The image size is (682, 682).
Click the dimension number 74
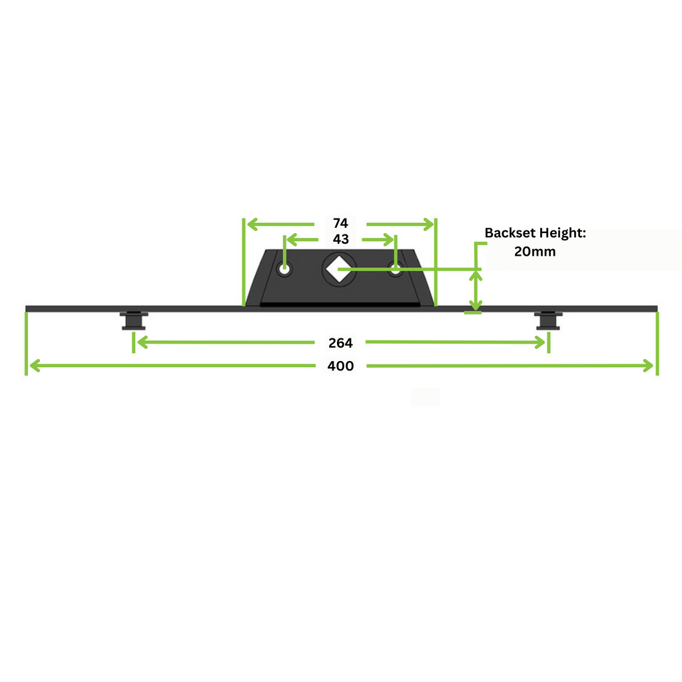[340, 223]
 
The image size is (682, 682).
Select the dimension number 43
[340, 239]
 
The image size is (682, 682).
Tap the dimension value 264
[340, 343]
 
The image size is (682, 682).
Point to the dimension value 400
[340, 366]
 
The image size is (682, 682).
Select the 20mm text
[535, 251]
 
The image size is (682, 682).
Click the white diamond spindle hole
[339, 269]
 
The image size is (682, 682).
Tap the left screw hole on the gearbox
[284, 269]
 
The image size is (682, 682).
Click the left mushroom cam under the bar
[133, 320]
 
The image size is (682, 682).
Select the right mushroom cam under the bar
[548, 320]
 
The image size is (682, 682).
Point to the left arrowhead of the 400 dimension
[34, 366]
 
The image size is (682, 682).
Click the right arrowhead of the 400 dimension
[649, 366]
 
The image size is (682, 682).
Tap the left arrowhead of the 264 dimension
[142, 342]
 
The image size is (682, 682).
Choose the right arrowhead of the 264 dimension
[540, 342]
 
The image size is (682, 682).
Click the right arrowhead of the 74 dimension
[428, 224]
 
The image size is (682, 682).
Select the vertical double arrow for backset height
[476, 290]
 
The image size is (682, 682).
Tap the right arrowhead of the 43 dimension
[389, 240]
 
